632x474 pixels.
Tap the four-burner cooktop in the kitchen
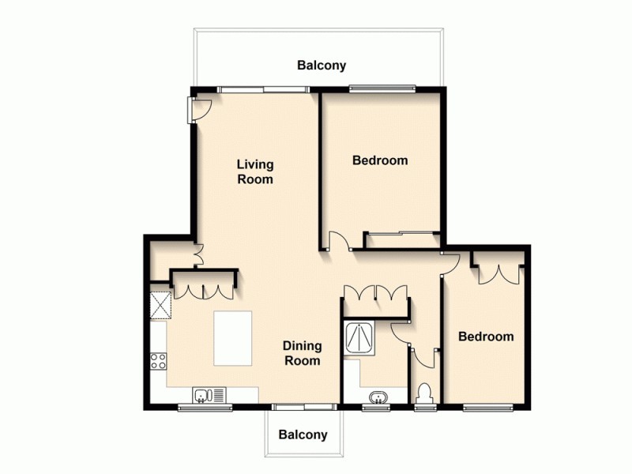(158, 362)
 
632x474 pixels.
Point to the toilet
(423, 392)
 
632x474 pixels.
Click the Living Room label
(256, 171)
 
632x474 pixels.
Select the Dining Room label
(303, 353)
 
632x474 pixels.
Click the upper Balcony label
(322, 66)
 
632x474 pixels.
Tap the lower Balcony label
(303, 435)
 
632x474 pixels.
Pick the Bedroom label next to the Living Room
(380, 160)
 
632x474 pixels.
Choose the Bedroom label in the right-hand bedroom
(486, 337)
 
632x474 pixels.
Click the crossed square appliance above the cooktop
(160, 304)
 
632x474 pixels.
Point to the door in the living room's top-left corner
(196, 110)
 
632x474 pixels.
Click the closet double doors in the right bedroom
(498, 271)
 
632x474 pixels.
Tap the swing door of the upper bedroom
(337, 241)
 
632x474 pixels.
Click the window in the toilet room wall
(424, 408)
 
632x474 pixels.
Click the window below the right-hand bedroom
(486, 408)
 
